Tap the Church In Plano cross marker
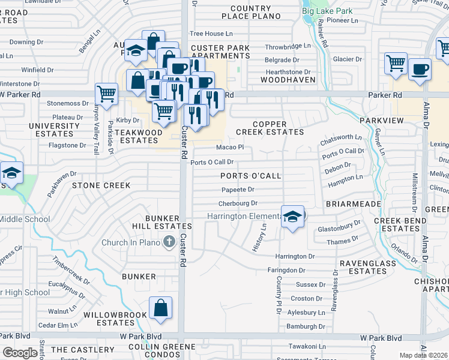[x=169, y=242]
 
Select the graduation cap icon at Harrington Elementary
[x=292, y=217]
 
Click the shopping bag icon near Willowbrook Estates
[x=161, y=308]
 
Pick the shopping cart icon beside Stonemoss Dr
[x=106, y=94]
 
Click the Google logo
[x=20, y=353]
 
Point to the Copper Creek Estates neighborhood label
[x=278, y=127]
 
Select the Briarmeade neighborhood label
[x=354, y=204]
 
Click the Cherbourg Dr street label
[x=237, y=204]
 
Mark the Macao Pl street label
[x=229, y=147]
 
